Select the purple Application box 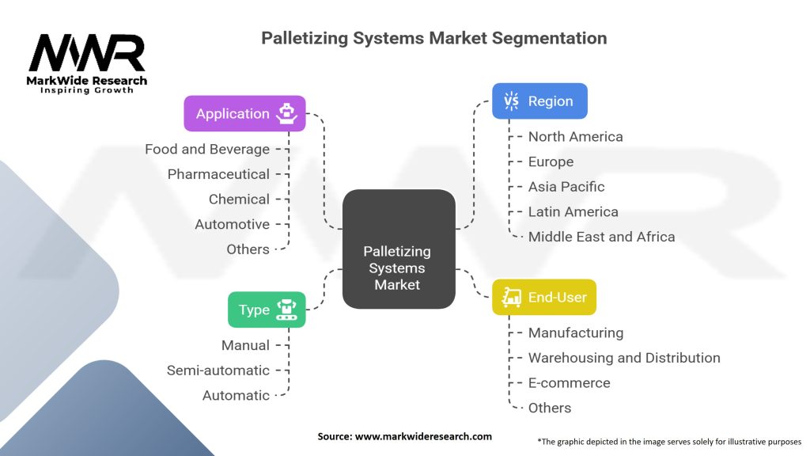(x=244, y=113)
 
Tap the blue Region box (x=539, y=101)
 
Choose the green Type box (x=267, y=310)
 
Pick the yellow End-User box (x=544, y=297)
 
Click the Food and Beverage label (x=207, y=149)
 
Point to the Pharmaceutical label (x=218, y=174)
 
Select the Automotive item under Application (x=232, y=224)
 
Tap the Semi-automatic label (x=218, y=370)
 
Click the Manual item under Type (x=245, y=345)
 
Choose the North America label (x=575, y=136)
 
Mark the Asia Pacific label (x=566, y=187)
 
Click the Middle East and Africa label (x=601, y=237)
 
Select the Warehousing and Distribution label (x=624, y=358)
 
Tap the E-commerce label (x=569, y=383)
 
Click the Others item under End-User (x=550, y=408)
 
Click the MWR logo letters (x=87, y=55)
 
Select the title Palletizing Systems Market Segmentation (x=434, y=37)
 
